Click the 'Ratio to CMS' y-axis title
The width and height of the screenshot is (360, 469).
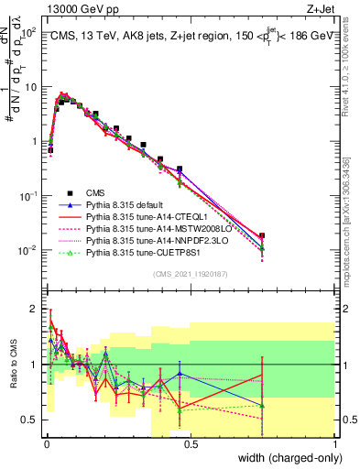(x=12, y=365)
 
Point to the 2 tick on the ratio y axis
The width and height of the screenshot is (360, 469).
(x=34, y=309)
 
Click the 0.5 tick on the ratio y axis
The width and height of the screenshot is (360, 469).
(x=31, y=420)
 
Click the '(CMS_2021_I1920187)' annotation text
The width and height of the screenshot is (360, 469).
(x=190, y=274)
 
